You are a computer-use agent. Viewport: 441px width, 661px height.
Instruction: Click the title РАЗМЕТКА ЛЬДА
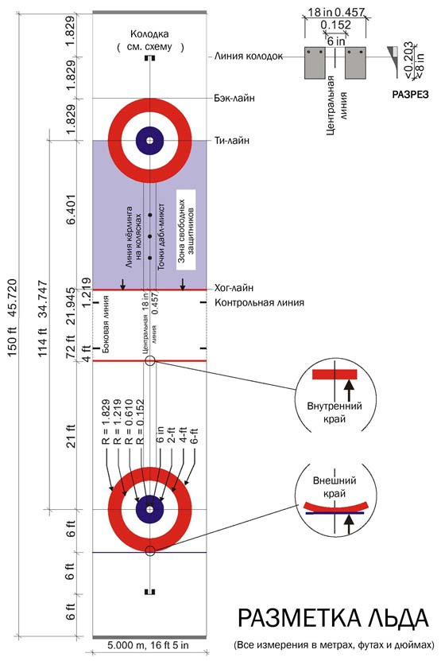point(333,618)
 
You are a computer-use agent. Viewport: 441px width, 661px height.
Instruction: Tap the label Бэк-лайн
point(234,98)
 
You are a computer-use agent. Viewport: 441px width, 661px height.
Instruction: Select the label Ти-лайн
point(232,140)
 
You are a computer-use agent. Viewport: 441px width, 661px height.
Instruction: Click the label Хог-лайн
point(234,288)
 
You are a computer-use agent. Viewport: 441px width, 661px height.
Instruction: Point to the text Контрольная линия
point(260,303)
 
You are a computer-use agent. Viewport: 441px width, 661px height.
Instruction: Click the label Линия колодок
point(249,56)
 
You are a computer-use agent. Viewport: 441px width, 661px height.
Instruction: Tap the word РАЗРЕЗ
point(410,95)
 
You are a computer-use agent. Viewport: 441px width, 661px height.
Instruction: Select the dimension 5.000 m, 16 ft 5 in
point(149,645)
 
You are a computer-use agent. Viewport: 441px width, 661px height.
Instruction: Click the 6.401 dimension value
point(70,209)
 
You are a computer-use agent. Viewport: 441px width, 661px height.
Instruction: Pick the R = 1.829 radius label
point(106,422)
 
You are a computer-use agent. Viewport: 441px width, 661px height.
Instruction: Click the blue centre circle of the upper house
point(149,141)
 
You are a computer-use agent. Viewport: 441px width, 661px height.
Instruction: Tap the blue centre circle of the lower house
point(149,510)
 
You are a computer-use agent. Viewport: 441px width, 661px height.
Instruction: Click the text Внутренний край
point(335,412)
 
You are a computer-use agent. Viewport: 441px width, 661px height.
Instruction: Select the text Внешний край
point(335,487)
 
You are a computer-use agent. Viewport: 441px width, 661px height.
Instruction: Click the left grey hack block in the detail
point(315,63)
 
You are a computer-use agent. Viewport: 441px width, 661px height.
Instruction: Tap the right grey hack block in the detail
point(355,63)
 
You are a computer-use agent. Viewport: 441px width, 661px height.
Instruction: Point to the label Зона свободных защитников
point(186,230)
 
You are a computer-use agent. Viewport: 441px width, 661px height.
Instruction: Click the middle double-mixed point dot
point(149,236)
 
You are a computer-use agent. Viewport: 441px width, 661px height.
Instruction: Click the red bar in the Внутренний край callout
point(335,375)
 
